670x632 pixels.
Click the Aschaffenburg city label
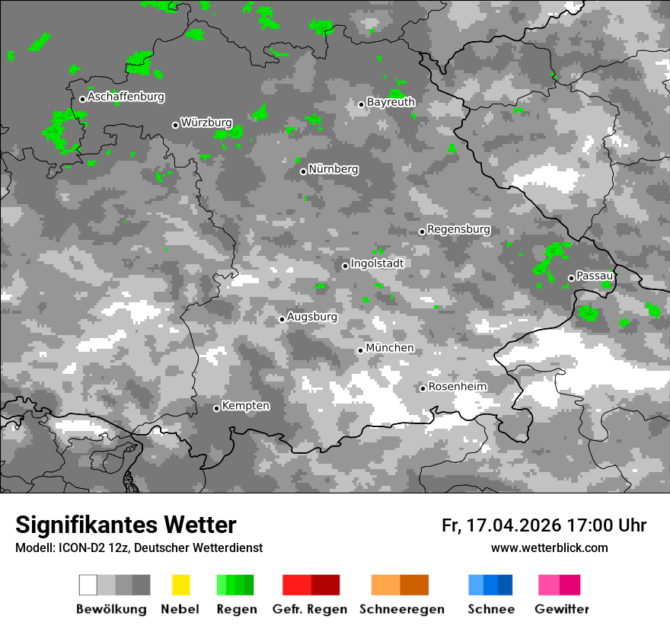[126, 97]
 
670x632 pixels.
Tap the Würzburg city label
[206, 123]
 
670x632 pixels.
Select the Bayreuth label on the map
[391, 102]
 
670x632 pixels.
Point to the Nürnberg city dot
[303, 171]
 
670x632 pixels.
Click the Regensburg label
[458, 229]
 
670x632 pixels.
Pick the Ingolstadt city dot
[345, 266]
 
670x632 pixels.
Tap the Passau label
[595, 276]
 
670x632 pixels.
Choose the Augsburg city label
[312, 317]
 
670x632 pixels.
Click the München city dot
[361, 350]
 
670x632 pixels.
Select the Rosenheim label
[457, 387]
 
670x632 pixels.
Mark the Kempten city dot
[216, 408]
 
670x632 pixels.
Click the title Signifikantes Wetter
[126, 525]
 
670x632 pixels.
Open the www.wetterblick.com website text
[549, 547]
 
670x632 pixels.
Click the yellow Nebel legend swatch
[180, 585]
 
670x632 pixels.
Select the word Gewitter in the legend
[562, 609]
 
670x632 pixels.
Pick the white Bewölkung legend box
[88, 585]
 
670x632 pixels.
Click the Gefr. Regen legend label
[309, 609]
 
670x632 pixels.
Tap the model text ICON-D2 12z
[95, 547]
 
